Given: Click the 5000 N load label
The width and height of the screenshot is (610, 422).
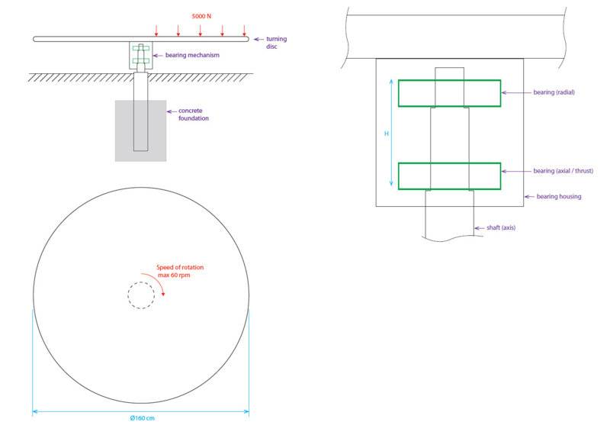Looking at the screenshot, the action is [x=201, y=16].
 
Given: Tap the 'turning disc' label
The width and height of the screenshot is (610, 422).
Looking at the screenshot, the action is [x=276, y=43].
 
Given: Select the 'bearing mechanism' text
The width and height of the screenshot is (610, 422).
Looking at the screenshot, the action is [x=192, y=55].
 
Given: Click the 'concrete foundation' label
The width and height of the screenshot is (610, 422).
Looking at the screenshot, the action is [x=194, y=114].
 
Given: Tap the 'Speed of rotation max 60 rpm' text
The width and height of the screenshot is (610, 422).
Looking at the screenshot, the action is [x=180, y=271].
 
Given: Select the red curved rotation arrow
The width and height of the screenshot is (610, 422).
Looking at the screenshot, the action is [x=156, y=279].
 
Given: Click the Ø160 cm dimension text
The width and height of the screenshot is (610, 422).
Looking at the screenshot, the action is [x=142, y=418].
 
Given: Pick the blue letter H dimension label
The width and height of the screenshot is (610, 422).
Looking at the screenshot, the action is [x=387, y=134].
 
